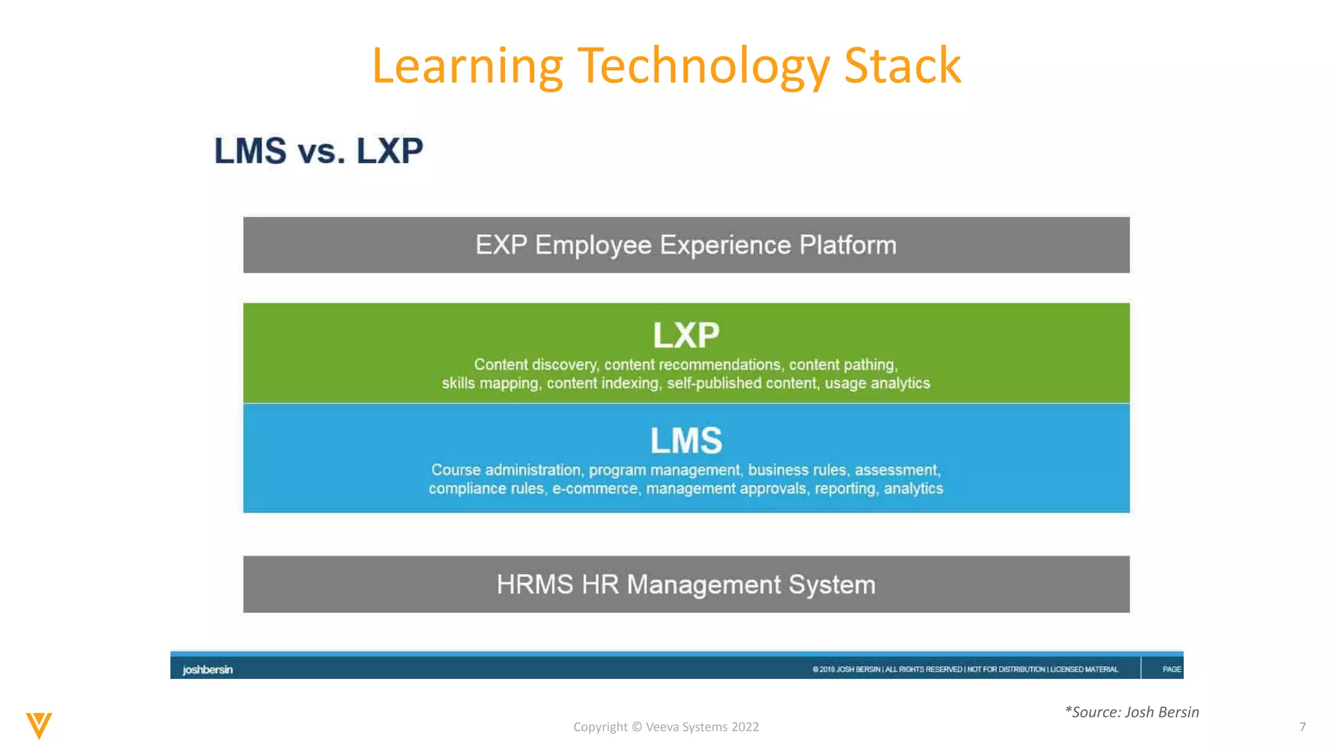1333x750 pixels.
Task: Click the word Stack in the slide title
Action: point(902,66)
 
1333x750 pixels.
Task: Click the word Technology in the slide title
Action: point(703,67)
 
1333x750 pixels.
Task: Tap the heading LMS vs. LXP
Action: point(318,151)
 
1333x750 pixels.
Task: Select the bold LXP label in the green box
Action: point(686,336)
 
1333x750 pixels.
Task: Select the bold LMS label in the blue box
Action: point(686,441)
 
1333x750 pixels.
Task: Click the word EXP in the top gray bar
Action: point(501,245)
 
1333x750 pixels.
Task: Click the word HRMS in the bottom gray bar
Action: point(534,585)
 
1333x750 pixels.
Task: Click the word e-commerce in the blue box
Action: point(595,489)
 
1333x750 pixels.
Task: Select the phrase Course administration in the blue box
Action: point(506,470)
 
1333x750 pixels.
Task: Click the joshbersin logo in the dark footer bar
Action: point(207,670)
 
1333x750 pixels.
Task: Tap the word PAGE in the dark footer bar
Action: point(1171,669)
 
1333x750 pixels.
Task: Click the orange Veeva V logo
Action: point(39,725)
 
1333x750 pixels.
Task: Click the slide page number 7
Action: point(1302,727)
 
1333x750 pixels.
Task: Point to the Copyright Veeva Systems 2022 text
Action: point(666,727)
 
